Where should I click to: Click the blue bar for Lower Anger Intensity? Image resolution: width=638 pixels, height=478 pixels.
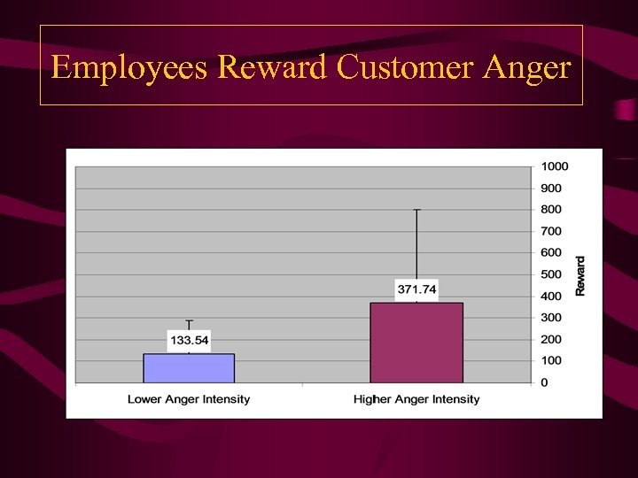click(189, 368)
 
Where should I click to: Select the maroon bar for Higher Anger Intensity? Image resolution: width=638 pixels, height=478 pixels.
click(416, 343)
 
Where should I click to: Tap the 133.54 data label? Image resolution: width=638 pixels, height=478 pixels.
click(189, 341)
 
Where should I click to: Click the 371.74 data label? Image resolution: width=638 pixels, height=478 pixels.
click(416, 289)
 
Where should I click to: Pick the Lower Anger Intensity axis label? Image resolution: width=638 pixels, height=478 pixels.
click(189, 399)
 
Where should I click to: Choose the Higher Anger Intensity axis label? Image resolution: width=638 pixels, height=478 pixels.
click(416, 399)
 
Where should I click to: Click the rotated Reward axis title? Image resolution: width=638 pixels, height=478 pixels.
click(580, 275)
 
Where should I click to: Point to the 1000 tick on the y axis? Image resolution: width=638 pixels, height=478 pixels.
click(556, 166)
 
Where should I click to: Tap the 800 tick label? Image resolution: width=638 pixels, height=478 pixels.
click(552, 210)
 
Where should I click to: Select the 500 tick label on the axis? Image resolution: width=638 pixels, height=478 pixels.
click(552, 274)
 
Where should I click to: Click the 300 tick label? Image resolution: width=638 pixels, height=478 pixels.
click(552, 318)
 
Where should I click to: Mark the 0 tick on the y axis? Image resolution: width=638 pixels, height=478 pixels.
click(545, 382)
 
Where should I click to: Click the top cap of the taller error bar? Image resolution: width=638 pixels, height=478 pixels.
click(416, 210)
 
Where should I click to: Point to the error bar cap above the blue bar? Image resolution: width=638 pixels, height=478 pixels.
click(189, 320)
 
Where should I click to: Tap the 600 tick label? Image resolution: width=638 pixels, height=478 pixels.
click(552, 253)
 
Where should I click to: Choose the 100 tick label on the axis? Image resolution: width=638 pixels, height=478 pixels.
click(552, 361)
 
